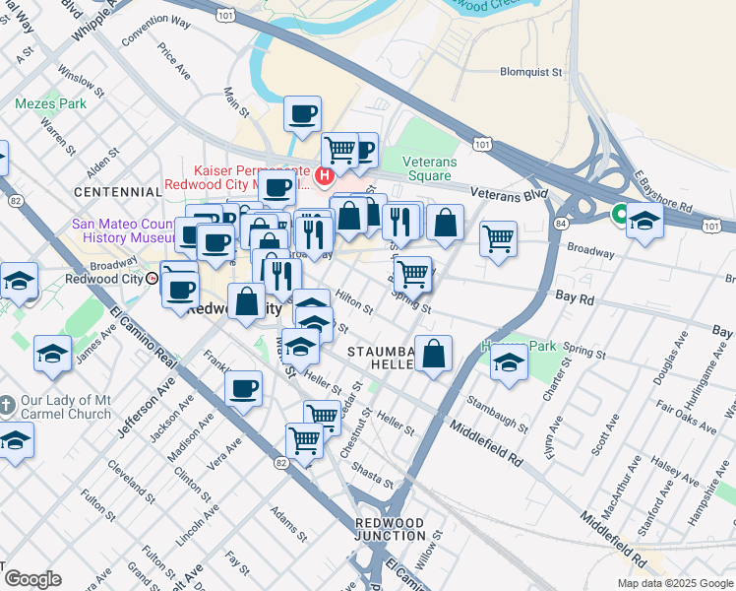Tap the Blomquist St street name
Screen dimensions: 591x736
click(530, 72)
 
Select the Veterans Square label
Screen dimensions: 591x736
click(430, 169)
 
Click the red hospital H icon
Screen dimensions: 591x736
click(325, 177)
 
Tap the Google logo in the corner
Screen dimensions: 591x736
click(31, 579)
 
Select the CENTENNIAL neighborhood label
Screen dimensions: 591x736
click(117, 190)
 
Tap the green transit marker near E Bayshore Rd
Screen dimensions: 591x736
click(621, 212)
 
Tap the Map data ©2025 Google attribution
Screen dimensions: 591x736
click(674, 583)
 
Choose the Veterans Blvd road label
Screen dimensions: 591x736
click(508, 195)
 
